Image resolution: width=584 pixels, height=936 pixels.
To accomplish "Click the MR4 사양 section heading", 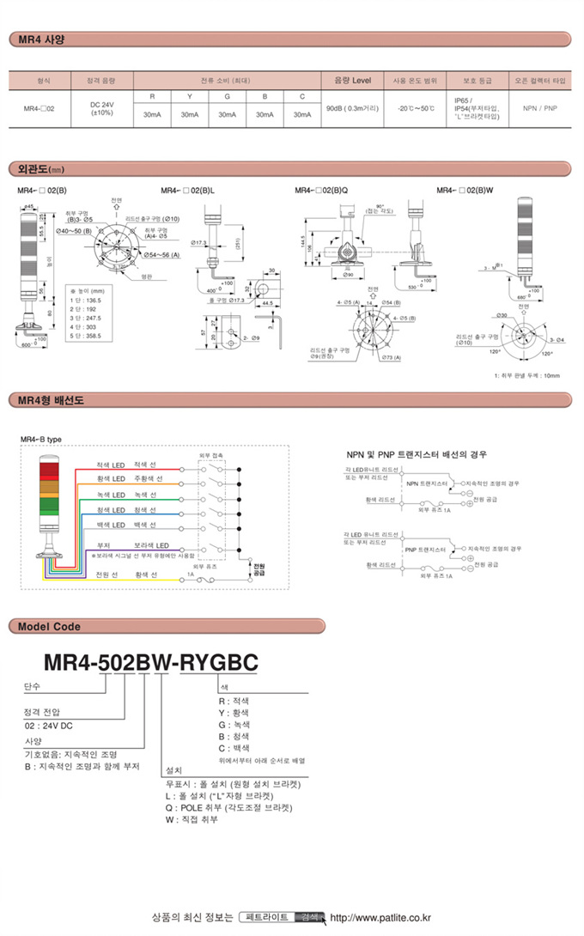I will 41,39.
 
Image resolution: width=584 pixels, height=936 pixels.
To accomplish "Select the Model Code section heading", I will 49,626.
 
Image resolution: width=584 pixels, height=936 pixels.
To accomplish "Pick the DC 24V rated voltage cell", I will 102,109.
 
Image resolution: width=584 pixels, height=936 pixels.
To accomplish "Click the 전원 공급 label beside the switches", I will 259,568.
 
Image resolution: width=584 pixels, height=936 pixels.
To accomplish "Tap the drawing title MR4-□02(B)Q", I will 321,191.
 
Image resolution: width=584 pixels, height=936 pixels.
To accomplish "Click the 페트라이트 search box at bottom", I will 266,917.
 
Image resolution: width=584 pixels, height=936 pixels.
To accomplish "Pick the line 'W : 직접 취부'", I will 196,820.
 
